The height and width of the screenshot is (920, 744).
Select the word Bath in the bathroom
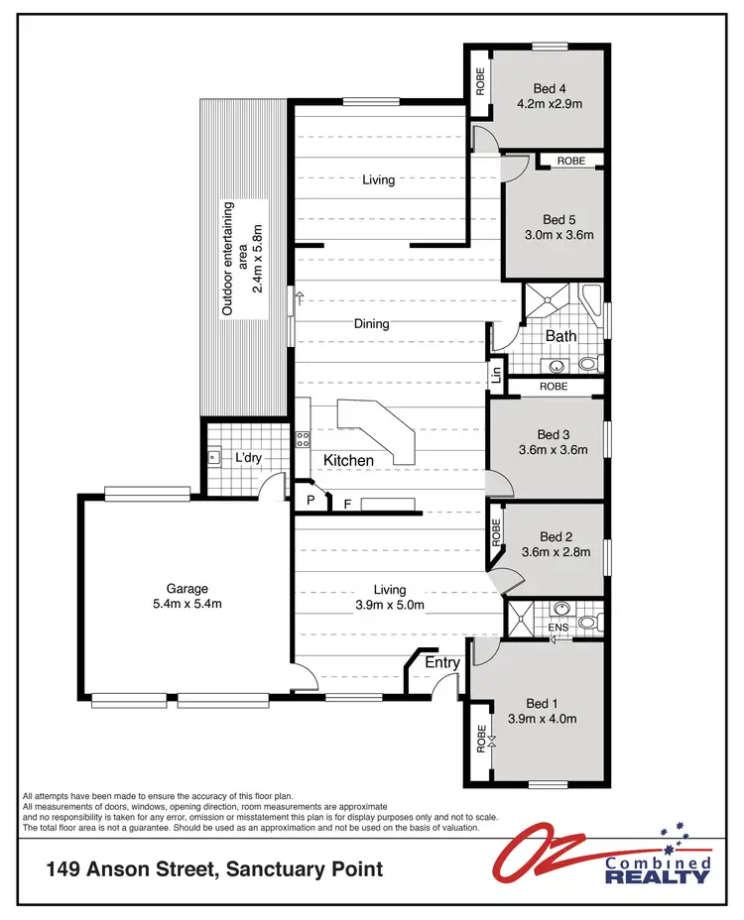click(560, 336)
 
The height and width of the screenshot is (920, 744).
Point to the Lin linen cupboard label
click(495, 375)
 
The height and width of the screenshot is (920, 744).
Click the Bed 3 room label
click(554, 434)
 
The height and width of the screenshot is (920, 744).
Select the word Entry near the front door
click(441, 662)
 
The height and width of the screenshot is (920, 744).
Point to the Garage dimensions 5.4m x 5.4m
click(187, 604)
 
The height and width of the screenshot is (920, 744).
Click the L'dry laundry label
click(247, 458)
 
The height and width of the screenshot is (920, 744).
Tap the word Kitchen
click(348, 460)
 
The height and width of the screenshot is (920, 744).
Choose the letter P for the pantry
click(310, 501)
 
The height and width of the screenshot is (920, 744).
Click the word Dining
click(372, 323)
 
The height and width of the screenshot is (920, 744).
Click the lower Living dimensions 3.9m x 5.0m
click(390, 604)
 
